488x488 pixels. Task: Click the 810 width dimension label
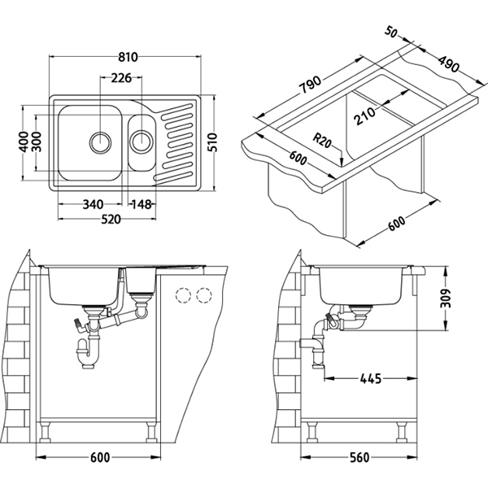[128, 57]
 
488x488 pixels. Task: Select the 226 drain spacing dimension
[121, 78]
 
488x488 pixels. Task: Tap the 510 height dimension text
[212, 142]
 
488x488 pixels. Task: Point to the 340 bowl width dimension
[93, 204]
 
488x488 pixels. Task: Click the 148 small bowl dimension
[142, 204]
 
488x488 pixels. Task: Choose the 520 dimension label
[111, 219]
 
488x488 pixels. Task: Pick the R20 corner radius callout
[322, 141]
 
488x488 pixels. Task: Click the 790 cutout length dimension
[310, 84]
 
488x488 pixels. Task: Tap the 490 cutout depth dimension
[449, 63]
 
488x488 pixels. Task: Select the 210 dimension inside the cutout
[364, 114]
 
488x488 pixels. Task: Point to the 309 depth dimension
[446, 298]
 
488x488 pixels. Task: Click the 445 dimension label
[370, 379]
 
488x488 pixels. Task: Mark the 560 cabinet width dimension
[359, 457]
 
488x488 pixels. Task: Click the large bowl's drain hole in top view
[100, 142]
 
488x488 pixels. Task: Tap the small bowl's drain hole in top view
[142, 142]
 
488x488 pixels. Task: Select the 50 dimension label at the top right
[391, 32]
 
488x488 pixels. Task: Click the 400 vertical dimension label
[24, 142]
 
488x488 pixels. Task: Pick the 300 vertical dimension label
[37, 142]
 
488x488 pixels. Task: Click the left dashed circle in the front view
[183, 295]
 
